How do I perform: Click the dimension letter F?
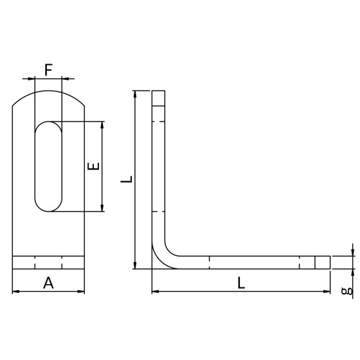click(x=48, y=70)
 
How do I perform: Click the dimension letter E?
click(x=94, y=166)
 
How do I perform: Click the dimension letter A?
click(x=48, y=283)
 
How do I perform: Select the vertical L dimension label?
click(x=127, y=179)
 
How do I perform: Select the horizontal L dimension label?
click(x=241, y=283)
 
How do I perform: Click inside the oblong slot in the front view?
click(x=48, y=166)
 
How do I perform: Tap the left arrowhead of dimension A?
click(x=15, y=292)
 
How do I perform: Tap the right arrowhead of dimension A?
click(x=81, y=292)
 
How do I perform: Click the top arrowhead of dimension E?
click(x=102, y=125)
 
